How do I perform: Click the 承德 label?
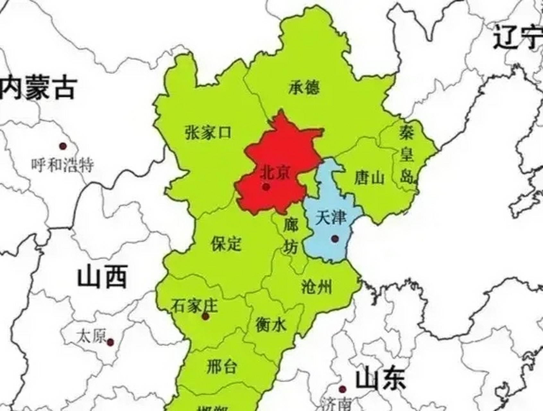click(304, 87)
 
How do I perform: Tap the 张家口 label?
click(208, 132)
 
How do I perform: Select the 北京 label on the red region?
click(275, 173)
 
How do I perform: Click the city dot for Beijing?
click(266, 187)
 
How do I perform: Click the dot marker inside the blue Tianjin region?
click(335, 239)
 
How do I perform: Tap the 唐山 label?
click(369, 178)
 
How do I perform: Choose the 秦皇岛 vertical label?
click(407, 154)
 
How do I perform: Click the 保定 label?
click(226, 244)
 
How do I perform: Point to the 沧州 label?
click(316, 287)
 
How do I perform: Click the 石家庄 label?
click(194, 305)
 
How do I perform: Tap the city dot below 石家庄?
click(205, 317)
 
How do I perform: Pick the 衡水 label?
click(271, 325)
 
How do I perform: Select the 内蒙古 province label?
click(39, 87)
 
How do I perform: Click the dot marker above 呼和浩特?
click(63, 146)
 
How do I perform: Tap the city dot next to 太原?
click(110, 342)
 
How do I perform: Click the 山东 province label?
click(381, 379)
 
